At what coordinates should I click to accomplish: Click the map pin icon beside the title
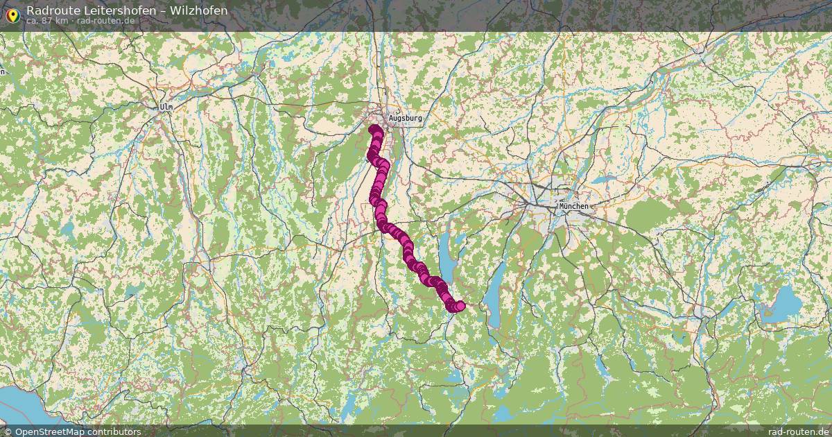[x=12, y=15]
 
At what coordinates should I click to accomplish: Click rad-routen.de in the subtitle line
[x=106, y=21]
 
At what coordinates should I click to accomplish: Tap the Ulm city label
[x=166, y=107]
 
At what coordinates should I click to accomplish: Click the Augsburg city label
[x=405, y=119]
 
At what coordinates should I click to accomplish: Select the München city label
[x=574, y=206]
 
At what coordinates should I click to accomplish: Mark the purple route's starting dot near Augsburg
[x=374, y=130]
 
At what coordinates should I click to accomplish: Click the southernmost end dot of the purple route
[x=460, y=306]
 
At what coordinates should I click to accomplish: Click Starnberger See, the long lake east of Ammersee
[x=493, y=295]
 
